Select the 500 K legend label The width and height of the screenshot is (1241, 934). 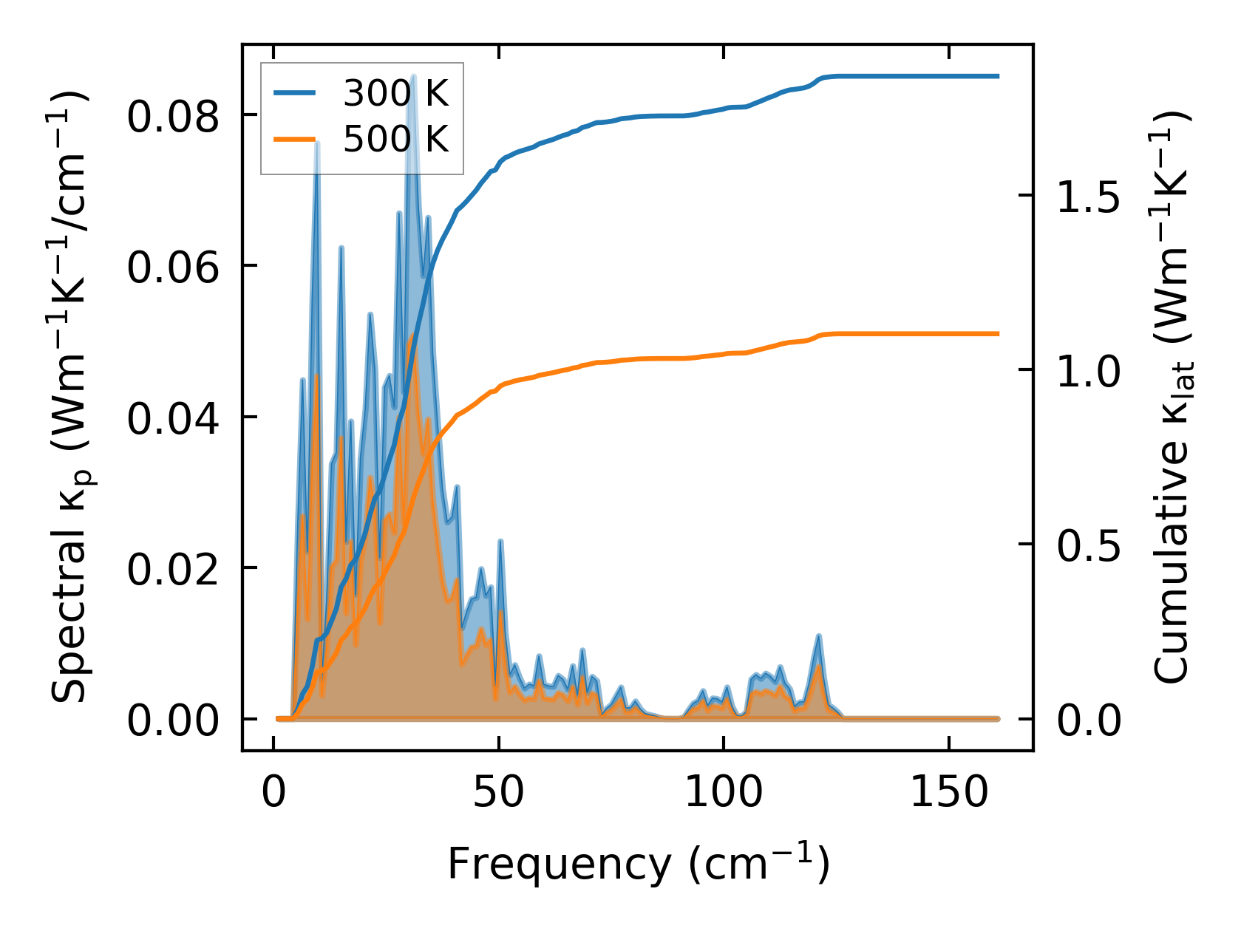click(x=395, y=139)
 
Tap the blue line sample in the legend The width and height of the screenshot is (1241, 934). click(x=295, y=93)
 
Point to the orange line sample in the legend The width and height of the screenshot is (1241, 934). click(x=295, y=139)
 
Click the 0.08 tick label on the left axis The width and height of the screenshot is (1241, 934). click(x=173, y=117)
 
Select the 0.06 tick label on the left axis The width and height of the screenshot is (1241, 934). click(x=173, y=267)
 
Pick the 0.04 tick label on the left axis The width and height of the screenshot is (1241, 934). click(x=173, y=419)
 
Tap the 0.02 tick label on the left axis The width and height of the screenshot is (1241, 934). click(x=173, y=570)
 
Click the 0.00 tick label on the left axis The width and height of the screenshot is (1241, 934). click(x=173, y=720)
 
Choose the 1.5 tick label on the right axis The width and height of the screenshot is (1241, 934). click(x=1089, y=197)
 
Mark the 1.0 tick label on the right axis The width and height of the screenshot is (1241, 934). click(x=1089, y=372)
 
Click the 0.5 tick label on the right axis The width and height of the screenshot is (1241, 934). click(x=1089, y=546)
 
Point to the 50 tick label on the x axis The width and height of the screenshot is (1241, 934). click(x=499, y=793)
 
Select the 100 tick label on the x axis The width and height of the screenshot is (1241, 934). click(x=724, y=793)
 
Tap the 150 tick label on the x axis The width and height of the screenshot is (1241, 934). click(x=948, y=793)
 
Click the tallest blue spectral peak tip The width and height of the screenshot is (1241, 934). click(x=413, y=75)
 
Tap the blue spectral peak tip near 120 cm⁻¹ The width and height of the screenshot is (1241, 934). click(x=818, y=635)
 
